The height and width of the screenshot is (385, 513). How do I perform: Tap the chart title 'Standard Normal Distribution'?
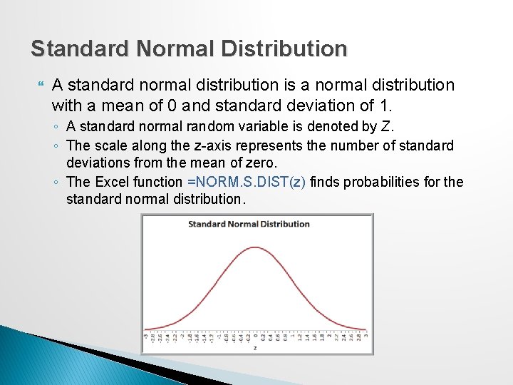pos(249,224)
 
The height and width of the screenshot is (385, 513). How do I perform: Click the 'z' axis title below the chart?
pos(255,348)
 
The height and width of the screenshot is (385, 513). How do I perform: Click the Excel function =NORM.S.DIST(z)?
pos(246,182)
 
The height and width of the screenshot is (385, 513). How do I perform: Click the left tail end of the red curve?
pos(146,330)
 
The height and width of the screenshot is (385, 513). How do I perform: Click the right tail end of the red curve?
pos(366,330)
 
